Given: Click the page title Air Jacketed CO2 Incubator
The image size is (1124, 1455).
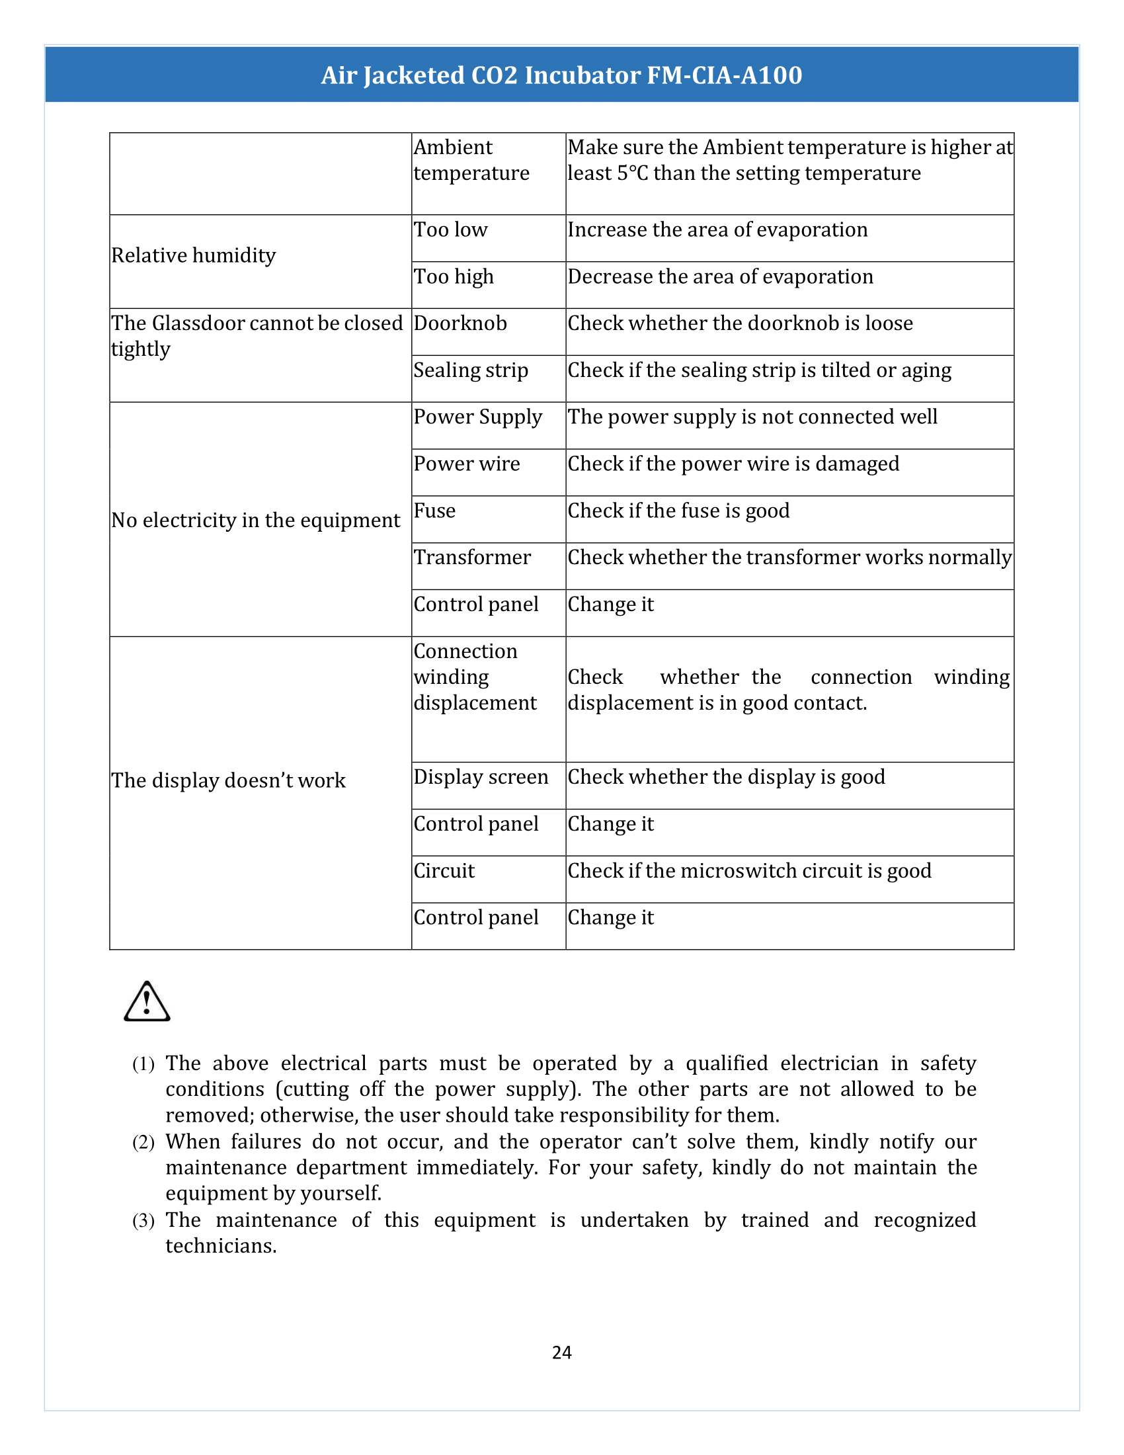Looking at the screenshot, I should tap(561, 75).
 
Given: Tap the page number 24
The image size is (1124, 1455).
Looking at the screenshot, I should tap(561, 1352).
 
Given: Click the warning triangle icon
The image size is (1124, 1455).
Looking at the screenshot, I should tap(147, 1002).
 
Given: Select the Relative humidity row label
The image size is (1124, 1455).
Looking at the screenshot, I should tap(194, 256).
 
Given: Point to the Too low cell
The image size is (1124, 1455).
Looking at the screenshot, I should tap(451, 230).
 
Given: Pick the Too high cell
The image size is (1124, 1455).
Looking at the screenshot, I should tap(454, 276).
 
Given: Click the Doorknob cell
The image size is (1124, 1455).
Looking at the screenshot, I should tap(460, 324).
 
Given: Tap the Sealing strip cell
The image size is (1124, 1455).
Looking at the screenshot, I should tap(471, 370).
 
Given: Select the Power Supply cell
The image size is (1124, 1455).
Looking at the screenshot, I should tap(477, 417).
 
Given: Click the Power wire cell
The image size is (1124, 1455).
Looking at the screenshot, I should tap(467, 464).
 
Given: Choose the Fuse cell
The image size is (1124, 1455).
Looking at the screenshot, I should tap(435, 511).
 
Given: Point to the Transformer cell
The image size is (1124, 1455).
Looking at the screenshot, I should tap(472, 558).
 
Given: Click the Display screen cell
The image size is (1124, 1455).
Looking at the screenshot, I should tap(481, 778).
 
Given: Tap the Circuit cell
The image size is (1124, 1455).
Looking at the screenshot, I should tap(444, 872).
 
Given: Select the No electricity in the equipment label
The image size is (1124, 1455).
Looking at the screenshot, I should tap(256, 520).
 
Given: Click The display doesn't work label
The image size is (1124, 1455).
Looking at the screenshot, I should tap(228, 781).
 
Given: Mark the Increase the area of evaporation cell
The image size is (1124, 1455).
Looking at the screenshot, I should tap(718, 230).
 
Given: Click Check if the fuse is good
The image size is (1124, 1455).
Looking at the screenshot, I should tap(678, 511).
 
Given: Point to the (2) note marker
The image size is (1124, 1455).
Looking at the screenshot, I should tap(143, 1143).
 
